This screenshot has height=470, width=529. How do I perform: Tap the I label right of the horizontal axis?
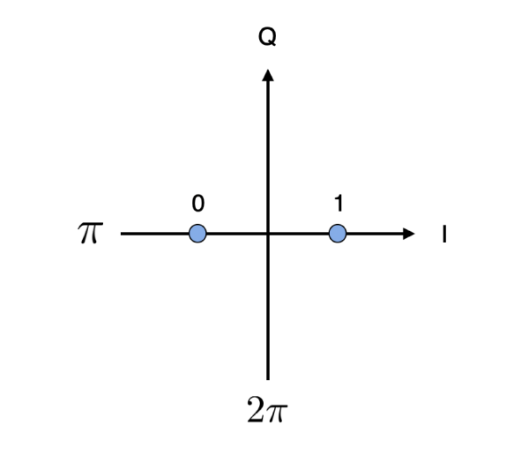444,235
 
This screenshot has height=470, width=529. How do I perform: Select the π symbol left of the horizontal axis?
90,234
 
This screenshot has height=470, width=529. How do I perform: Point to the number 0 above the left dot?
197,204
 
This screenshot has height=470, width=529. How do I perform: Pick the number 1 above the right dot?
338,204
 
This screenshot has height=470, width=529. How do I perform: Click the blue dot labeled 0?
197,234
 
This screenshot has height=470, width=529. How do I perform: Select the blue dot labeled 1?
337,234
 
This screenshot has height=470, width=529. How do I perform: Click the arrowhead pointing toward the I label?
407,234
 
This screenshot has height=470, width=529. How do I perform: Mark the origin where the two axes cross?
267,234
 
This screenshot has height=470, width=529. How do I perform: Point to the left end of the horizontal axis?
123,234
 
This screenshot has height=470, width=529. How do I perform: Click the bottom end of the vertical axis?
267,378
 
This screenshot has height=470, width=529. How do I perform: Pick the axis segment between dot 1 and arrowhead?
374,234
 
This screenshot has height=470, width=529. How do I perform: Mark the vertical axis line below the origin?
267,309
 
